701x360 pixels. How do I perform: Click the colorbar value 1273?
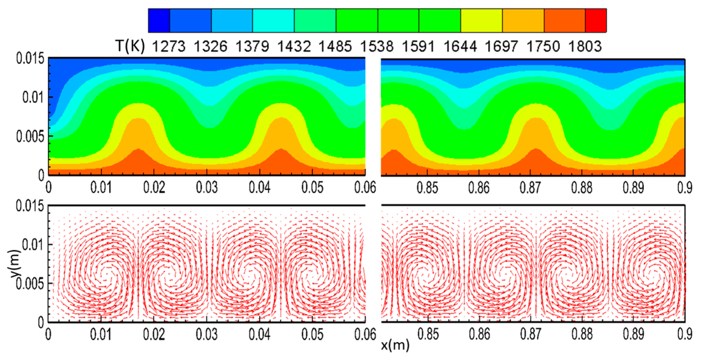tap(168, 46)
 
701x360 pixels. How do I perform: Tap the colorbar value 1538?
tap(377, 46)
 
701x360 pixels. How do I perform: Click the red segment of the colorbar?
tap(596, 20)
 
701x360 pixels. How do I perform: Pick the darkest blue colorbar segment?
tap(159, 20)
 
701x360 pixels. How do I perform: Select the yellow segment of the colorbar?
tap(481, 20)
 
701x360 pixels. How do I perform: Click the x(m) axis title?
tap(395, 345)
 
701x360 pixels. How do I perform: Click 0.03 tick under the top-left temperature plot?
tap(207, 188)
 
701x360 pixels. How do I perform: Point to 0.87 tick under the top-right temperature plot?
tap(530, 188)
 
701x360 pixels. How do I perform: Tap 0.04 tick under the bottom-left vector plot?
tap(260, 335)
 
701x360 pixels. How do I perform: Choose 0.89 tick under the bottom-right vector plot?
tap(633, 335)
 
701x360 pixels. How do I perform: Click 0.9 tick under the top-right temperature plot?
tap(685, 188)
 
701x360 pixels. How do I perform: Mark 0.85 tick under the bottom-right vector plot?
tap(428, 335)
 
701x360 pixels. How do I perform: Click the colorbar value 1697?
tap(501, 46)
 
